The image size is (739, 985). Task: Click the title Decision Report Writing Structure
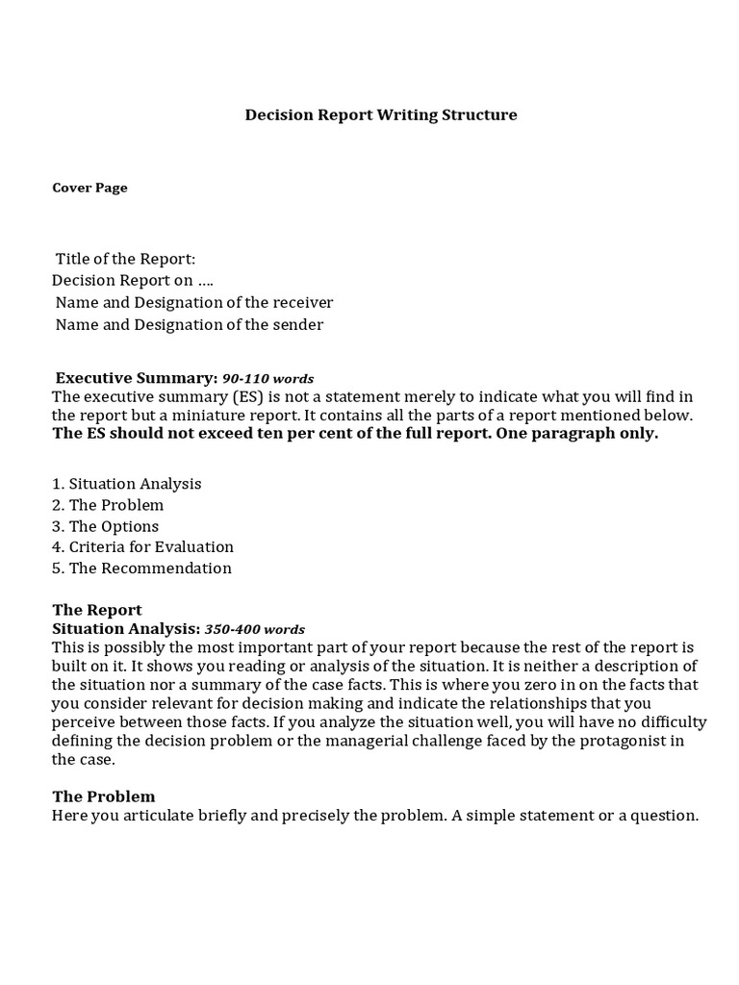(x=381, y=115)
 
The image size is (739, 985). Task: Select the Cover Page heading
(x=89, y=189)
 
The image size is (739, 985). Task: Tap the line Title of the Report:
(x=125, y=260)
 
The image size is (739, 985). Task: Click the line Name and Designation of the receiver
(x=194, y=303)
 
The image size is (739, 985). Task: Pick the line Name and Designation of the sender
(x=190, y=325)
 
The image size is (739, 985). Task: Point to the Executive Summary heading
(x=136, y=378)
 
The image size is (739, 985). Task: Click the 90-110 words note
(x=268, y=379)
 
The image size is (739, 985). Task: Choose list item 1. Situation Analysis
(x=127, y=484)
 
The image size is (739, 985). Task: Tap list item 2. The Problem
(x=108, y=505)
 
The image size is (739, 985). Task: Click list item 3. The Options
(x=106, y=526)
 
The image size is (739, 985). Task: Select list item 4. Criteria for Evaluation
(x=142, y=547)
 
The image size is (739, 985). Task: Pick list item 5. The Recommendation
(x=141, y=568)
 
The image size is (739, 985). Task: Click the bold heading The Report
(x=97, y=610)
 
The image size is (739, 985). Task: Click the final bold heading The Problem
(x=104, y=796)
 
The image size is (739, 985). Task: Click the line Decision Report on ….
(x=133, y=281)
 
